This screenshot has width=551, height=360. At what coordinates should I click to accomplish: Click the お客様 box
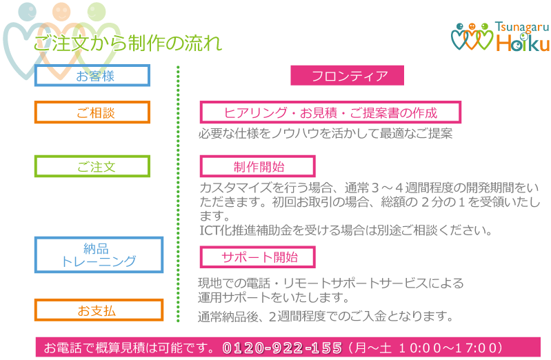92,76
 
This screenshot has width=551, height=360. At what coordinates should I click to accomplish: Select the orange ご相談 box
92,112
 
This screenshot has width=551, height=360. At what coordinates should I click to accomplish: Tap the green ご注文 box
92,166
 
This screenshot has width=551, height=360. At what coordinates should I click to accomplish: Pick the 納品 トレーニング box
99,254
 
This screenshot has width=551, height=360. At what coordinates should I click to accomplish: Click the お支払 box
99,310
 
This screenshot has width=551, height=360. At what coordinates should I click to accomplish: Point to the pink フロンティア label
347,76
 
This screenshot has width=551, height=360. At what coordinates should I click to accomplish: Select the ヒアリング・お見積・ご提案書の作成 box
330,112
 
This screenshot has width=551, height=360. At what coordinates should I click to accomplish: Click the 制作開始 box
257,166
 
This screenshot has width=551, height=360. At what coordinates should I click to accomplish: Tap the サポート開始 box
257,257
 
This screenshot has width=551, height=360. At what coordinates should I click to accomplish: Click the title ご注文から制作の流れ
128,43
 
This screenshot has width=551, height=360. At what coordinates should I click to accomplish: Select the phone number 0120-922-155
282,347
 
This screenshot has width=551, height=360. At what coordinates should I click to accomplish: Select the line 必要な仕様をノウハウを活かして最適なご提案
325,134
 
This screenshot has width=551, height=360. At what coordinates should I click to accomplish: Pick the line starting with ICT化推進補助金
345,230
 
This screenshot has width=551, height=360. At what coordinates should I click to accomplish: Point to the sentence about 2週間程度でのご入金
325,317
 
